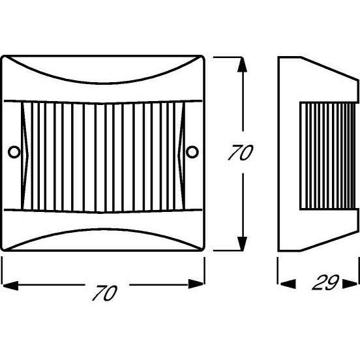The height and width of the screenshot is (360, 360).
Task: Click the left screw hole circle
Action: point(14,152)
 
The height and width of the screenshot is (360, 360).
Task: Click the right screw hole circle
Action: point(192,152)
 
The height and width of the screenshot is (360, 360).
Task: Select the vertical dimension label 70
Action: point(241,152)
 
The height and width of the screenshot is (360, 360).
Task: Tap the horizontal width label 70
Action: point(105,293)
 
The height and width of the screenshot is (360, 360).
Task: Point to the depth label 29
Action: point(325,282)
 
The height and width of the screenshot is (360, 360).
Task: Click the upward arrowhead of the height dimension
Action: point(242,65)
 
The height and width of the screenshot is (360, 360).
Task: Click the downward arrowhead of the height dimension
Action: point(242,243)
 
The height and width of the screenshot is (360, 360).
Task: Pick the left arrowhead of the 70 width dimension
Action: point(10,285)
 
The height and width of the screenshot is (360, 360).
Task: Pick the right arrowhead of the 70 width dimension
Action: point(196,284)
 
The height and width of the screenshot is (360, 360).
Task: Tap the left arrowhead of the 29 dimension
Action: point(288,284)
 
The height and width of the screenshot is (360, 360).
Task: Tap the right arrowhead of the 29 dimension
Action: point(350,284)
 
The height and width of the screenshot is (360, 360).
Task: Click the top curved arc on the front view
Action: point(102,83)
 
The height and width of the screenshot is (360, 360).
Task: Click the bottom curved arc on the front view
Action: point(102,229)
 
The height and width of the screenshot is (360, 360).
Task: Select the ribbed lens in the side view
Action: point(328,156)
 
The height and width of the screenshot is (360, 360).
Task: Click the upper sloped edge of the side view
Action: point(330,68)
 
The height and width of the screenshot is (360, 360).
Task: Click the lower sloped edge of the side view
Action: point(330,241)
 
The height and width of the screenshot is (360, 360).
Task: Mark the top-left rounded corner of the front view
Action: point(3,57)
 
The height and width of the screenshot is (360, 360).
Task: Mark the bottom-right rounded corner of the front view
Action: point(202,248)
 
